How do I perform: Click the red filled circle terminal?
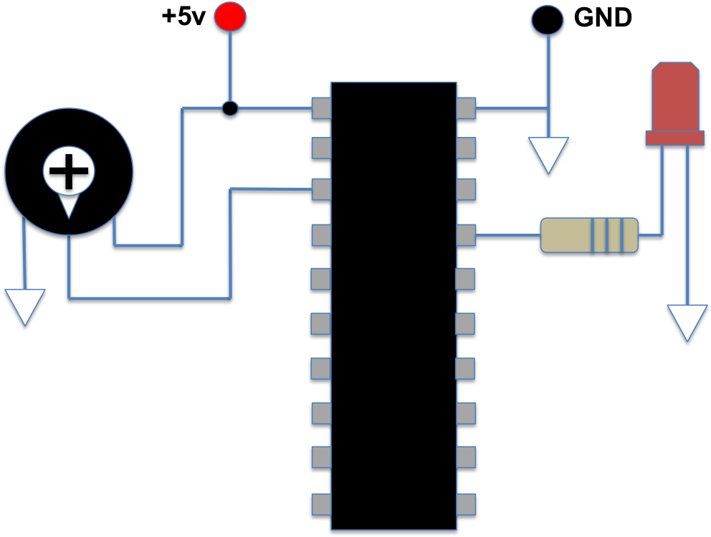(x=230, y=16)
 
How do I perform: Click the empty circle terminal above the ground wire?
(x=548, y=20)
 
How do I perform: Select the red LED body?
(x=675, y=97)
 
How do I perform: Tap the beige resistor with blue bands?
(x=589, y=235)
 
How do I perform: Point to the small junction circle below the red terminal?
(x=230, y=108)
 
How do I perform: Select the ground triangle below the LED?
(x=687, y=320)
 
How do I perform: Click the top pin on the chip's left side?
(x=321, y=108)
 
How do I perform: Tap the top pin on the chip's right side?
(x=466, y=108)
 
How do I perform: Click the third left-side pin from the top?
(x=321, y=189)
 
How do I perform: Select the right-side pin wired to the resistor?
(x=466, y=234)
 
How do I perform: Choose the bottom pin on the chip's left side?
(x=321, y=504)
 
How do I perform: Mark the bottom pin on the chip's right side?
(x=466, y=504)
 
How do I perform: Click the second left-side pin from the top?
(x=321, y=148)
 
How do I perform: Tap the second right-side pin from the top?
(x=466, y=148)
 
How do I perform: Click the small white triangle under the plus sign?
(x=69, y=205)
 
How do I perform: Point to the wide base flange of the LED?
(x=674, y=138)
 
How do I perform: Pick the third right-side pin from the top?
(x=466, y=189)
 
